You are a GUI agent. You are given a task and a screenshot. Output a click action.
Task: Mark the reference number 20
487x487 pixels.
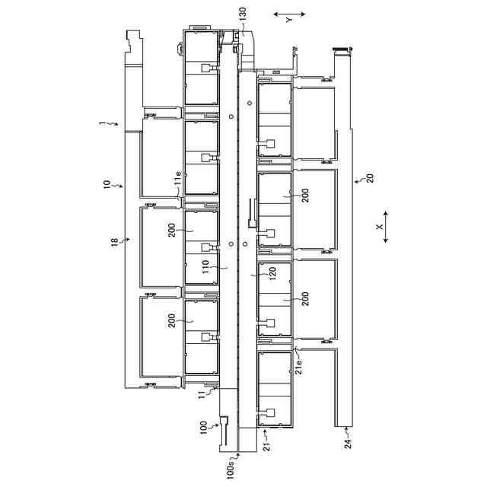pos(370,179)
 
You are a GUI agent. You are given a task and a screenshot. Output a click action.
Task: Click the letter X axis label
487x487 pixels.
pos(378,227)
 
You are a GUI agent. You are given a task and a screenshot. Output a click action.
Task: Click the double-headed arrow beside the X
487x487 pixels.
pos(386,228)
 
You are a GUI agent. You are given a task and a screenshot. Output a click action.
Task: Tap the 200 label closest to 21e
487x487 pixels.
pos(304,298)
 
